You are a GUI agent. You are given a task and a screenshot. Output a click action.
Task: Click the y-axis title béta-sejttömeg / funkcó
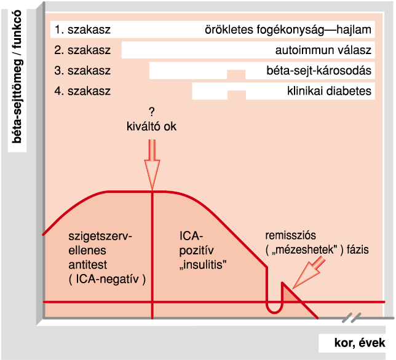pos(17,77)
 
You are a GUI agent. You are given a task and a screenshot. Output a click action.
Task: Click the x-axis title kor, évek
pos(360,343)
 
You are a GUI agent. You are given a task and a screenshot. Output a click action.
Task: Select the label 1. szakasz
pos(82,29)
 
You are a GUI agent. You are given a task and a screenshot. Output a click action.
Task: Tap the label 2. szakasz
pos(82,50)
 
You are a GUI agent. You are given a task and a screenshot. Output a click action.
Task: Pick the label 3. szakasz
pos(82,71)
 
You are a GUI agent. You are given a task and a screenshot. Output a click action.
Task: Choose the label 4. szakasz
pos(82,91)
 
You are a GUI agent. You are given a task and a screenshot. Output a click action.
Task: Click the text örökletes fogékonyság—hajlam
pos(288,30)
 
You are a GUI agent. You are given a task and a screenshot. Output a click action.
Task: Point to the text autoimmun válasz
pos(323,50)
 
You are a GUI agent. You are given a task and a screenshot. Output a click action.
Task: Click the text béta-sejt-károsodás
pos(319,71)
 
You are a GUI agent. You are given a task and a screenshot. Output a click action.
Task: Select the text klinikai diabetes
pos(330,91)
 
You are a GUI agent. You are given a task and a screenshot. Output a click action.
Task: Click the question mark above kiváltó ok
pos(151,112)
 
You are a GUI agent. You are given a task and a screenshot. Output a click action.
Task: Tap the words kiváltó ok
pos(151,127)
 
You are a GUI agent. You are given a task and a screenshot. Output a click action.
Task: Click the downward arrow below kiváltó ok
pos(152,165)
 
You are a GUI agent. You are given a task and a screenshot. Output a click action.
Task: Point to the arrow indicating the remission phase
pos(309,273)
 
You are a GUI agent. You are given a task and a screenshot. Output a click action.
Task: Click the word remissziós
pos(290,235)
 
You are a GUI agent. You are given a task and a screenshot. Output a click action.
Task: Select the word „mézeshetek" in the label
pos(305,250)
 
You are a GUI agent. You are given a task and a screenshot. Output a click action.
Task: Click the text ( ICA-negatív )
pos(107,280)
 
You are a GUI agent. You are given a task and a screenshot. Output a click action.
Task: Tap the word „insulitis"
pos(203,265)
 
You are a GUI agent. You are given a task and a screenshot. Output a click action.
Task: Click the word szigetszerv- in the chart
pos(100,237)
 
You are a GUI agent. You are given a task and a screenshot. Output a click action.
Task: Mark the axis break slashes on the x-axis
pos(352,318)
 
